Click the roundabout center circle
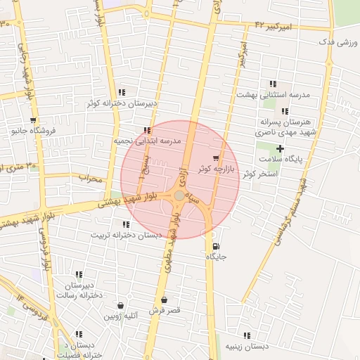pyautogui.click(x=179, y=195)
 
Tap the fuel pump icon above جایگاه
pyautogui.click(x=214, y=246)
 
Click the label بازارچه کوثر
pyautogui.click(x=213, y=169)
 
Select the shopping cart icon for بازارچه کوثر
pyautogui.click(x=215, y=158)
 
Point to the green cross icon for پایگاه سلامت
pyautogui.click(x=281, y=148)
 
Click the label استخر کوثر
pyautogui.click(x=259, y=172)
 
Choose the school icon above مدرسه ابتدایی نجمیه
pyautogui.click(x=146, y=130)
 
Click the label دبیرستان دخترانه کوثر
pyautogui.click(x=122, y=103)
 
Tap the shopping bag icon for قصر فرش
pyautogui.click(x=164, y=300)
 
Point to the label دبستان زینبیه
pyautogui.click(x=247, y=347)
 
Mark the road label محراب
pyautogui.click(x=90, y=179)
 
